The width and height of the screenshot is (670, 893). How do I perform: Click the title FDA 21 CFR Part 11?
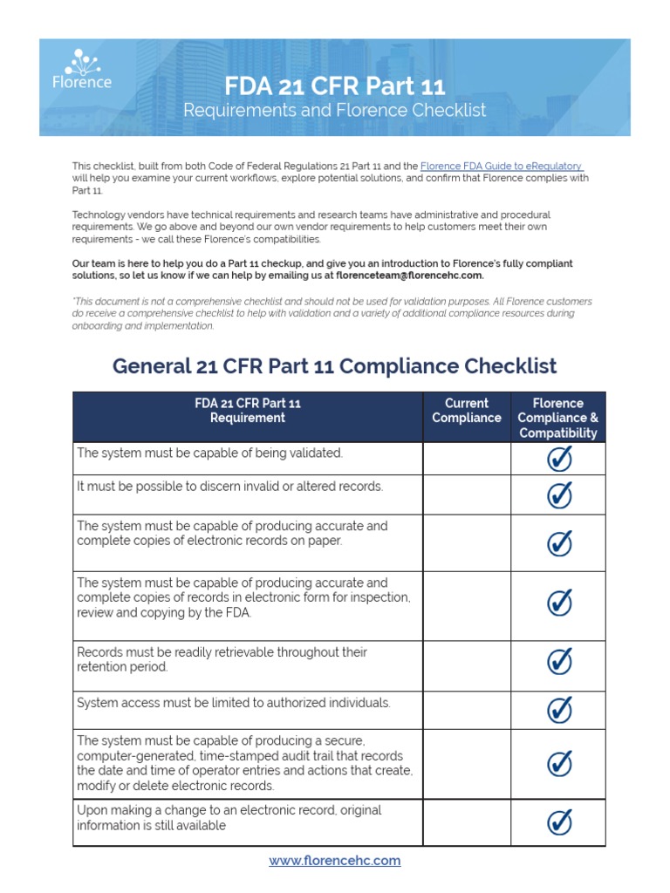(335, 86)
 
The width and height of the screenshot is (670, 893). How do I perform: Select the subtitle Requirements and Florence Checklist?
(335, 111)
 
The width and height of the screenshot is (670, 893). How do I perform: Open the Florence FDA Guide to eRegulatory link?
(502, 166)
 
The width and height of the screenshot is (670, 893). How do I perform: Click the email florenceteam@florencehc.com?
(408, 275)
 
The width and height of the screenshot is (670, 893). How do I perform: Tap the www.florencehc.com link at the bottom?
(335, 860)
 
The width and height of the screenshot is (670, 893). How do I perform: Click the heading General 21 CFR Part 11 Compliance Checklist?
(335, 366)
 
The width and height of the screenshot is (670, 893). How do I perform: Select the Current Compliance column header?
(467, 411)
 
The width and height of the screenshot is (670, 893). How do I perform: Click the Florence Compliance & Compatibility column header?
(558, 418)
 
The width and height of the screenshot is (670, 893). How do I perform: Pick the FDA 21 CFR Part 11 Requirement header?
(248, 411)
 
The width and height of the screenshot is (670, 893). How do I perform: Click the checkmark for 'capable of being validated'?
(558, 459)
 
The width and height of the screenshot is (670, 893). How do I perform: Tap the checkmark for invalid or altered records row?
(558, 494)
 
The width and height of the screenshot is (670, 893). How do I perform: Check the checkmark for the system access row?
(558, 710)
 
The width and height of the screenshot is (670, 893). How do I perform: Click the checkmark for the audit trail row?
(558, 764)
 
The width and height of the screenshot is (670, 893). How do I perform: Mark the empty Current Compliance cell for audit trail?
(467, 764)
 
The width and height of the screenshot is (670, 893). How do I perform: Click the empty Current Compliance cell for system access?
(467, 710)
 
